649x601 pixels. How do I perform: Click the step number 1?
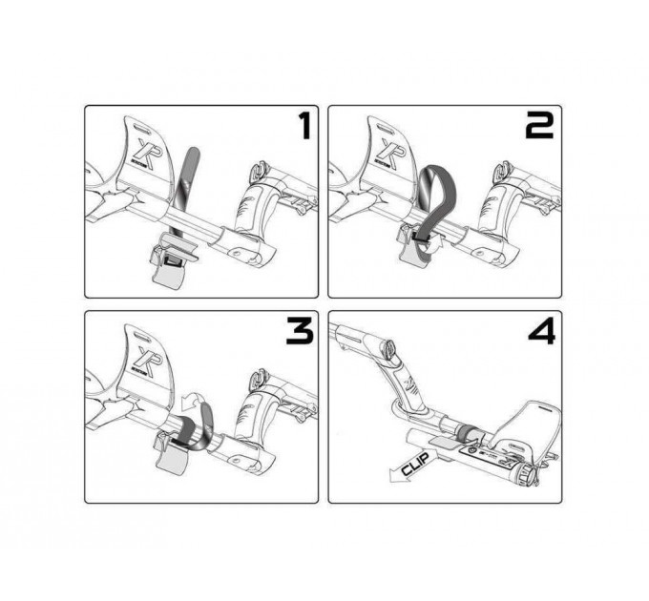point(305,126)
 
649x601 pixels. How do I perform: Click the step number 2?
point(539,126)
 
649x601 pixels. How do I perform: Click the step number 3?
point(299,332)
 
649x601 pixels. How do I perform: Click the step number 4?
point(542,332)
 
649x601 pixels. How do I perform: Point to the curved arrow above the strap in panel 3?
point(195,400)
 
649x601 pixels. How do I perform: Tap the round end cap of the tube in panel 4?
point(527,474)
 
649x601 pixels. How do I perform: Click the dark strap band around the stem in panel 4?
point(468,431)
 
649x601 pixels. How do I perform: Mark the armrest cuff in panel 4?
point(527,426)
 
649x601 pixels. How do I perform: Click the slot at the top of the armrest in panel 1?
point(141,127)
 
